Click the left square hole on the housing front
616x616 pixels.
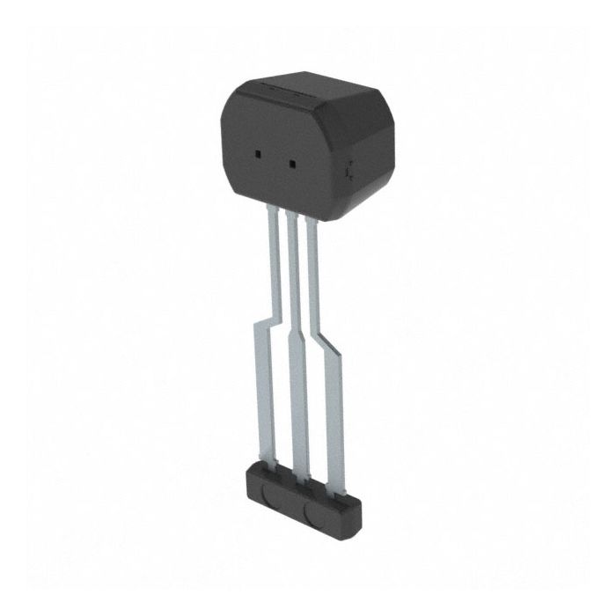258,154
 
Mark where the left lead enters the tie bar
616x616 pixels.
268,466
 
